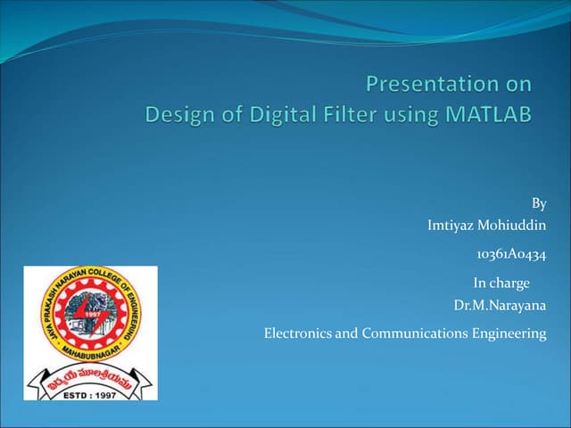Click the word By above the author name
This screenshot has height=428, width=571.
pyautogui.click(x=538, y=203)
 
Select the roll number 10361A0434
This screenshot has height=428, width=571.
pyautogui.click(x=511, y=254)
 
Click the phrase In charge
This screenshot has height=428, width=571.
pyautogui.click(x=501, y=284)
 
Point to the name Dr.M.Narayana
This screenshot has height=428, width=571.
pyautogui.click(x=500, y=306)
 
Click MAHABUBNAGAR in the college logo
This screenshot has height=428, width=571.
pyautogui.click(x=89, y=350)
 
